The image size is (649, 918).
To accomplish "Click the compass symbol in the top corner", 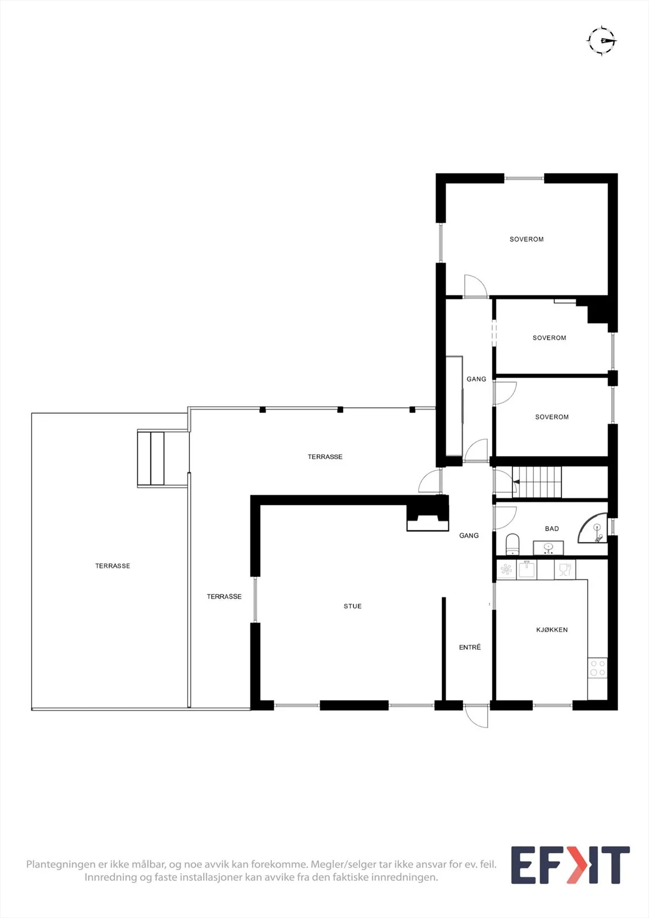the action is click(x=602, y=41).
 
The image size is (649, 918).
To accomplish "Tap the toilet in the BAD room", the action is click(x=512, y=544).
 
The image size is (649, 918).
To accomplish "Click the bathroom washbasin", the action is click(x=548, y=547).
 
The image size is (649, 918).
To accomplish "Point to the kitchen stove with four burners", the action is click(x=597, y=668).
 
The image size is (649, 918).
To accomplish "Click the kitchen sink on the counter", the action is click(x=527, y=570).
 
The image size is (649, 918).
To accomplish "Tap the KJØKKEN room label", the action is click(x=552, y=629).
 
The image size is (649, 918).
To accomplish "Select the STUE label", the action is click(x=352, y=606).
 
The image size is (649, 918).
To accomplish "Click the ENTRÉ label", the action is click(x=470, y=647).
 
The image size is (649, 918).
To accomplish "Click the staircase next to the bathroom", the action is click(x=537, y=482).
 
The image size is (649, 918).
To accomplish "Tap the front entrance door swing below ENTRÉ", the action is click(x=476, y=715).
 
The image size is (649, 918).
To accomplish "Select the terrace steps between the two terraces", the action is click(x=150, y=458).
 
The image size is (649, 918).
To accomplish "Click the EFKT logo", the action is click(x=570, y=865).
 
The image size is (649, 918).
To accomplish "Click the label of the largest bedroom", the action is click(x=526, y=239).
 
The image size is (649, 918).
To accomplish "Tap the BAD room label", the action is click(x=552, y=528).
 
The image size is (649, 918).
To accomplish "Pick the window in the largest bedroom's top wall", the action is click(x=524, y=178).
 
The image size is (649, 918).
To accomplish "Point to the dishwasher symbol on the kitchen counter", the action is click(x=565, y=570).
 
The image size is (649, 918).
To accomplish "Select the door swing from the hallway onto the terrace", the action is click(x=430, y=481).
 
